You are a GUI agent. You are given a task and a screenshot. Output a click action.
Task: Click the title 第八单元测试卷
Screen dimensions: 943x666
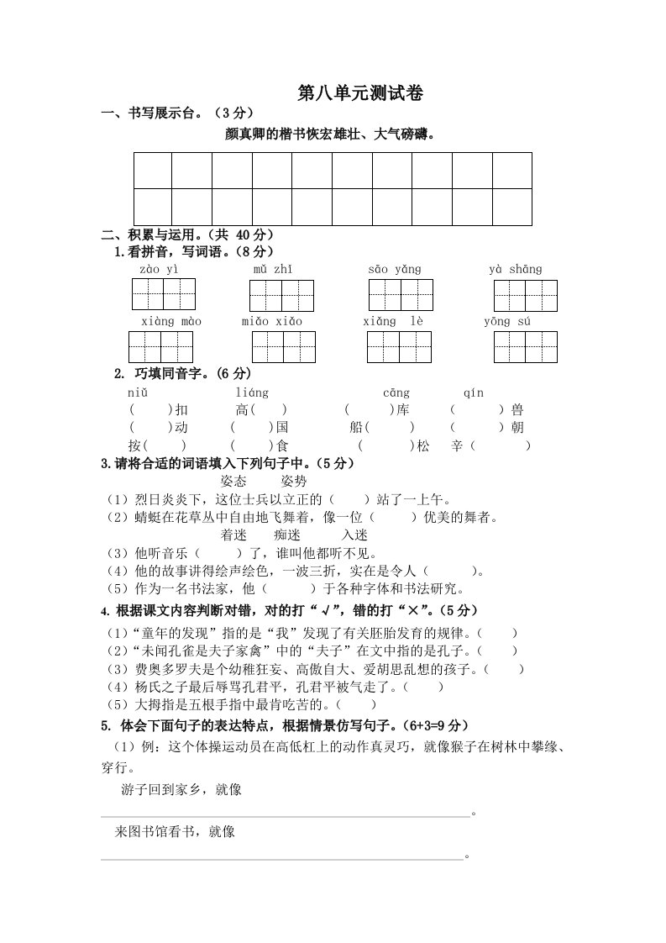[359, 94]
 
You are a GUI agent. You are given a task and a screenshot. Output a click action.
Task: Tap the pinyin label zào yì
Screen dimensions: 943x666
[159, 269]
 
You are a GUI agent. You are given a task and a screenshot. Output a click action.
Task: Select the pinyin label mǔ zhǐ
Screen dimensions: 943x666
[273, 269]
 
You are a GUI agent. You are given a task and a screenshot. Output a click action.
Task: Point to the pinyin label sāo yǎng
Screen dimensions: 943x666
[395, 269]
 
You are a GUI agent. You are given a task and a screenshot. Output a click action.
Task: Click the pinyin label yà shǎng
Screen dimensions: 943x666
[516, 269]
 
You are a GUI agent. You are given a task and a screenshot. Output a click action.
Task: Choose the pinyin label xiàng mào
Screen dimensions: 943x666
[170, 322]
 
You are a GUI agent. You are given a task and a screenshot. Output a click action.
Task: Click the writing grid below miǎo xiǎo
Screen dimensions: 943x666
[283, 347]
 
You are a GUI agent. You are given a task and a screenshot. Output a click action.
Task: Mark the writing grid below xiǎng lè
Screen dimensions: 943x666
[399, 347]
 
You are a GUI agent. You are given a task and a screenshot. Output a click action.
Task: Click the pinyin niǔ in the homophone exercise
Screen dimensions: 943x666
[138, 392]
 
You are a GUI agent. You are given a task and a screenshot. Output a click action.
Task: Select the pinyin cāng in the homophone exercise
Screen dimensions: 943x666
[396, 392]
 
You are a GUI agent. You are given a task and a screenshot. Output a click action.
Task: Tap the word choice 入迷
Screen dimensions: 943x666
[354, 535]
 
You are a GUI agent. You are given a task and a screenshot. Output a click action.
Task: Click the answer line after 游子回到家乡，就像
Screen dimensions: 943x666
[286, 814]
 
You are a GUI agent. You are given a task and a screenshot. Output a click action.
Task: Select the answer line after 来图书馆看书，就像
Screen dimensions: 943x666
[281, 857]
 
